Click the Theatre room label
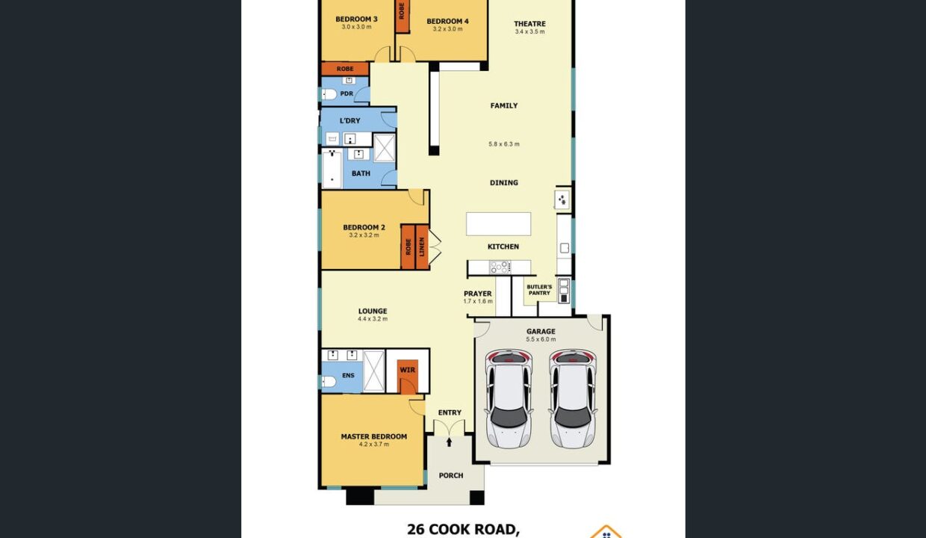click(x=529, y=24)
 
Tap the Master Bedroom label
click(x=373, y=436)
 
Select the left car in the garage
click(x=509, y=398)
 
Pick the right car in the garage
click(x=573, y=398)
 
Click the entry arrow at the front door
click(x=450, y=442)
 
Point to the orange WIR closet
click(x=407, y=377)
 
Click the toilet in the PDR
click(x=329, y=95)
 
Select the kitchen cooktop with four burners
click(x=500, y=268)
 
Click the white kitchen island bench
click(x=499, y=224)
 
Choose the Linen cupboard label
click(x=422, y=247)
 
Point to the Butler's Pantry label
click(x=539, y=290)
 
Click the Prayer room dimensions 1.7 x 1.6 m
click(x=478, y=301)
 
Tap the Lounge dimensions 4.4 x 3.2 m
click(x=373, y=319)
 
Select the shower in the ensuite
click(x=373, y=371)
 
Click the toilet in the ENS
click(x=329, y=381)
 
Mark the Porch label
click(x=450, y=475)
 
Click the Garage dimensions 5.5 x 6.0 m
click(x=541, y=339)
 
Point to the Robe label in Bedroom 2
click(x=408, y=247)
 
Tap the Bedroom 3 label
click(x=356, y=19)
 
